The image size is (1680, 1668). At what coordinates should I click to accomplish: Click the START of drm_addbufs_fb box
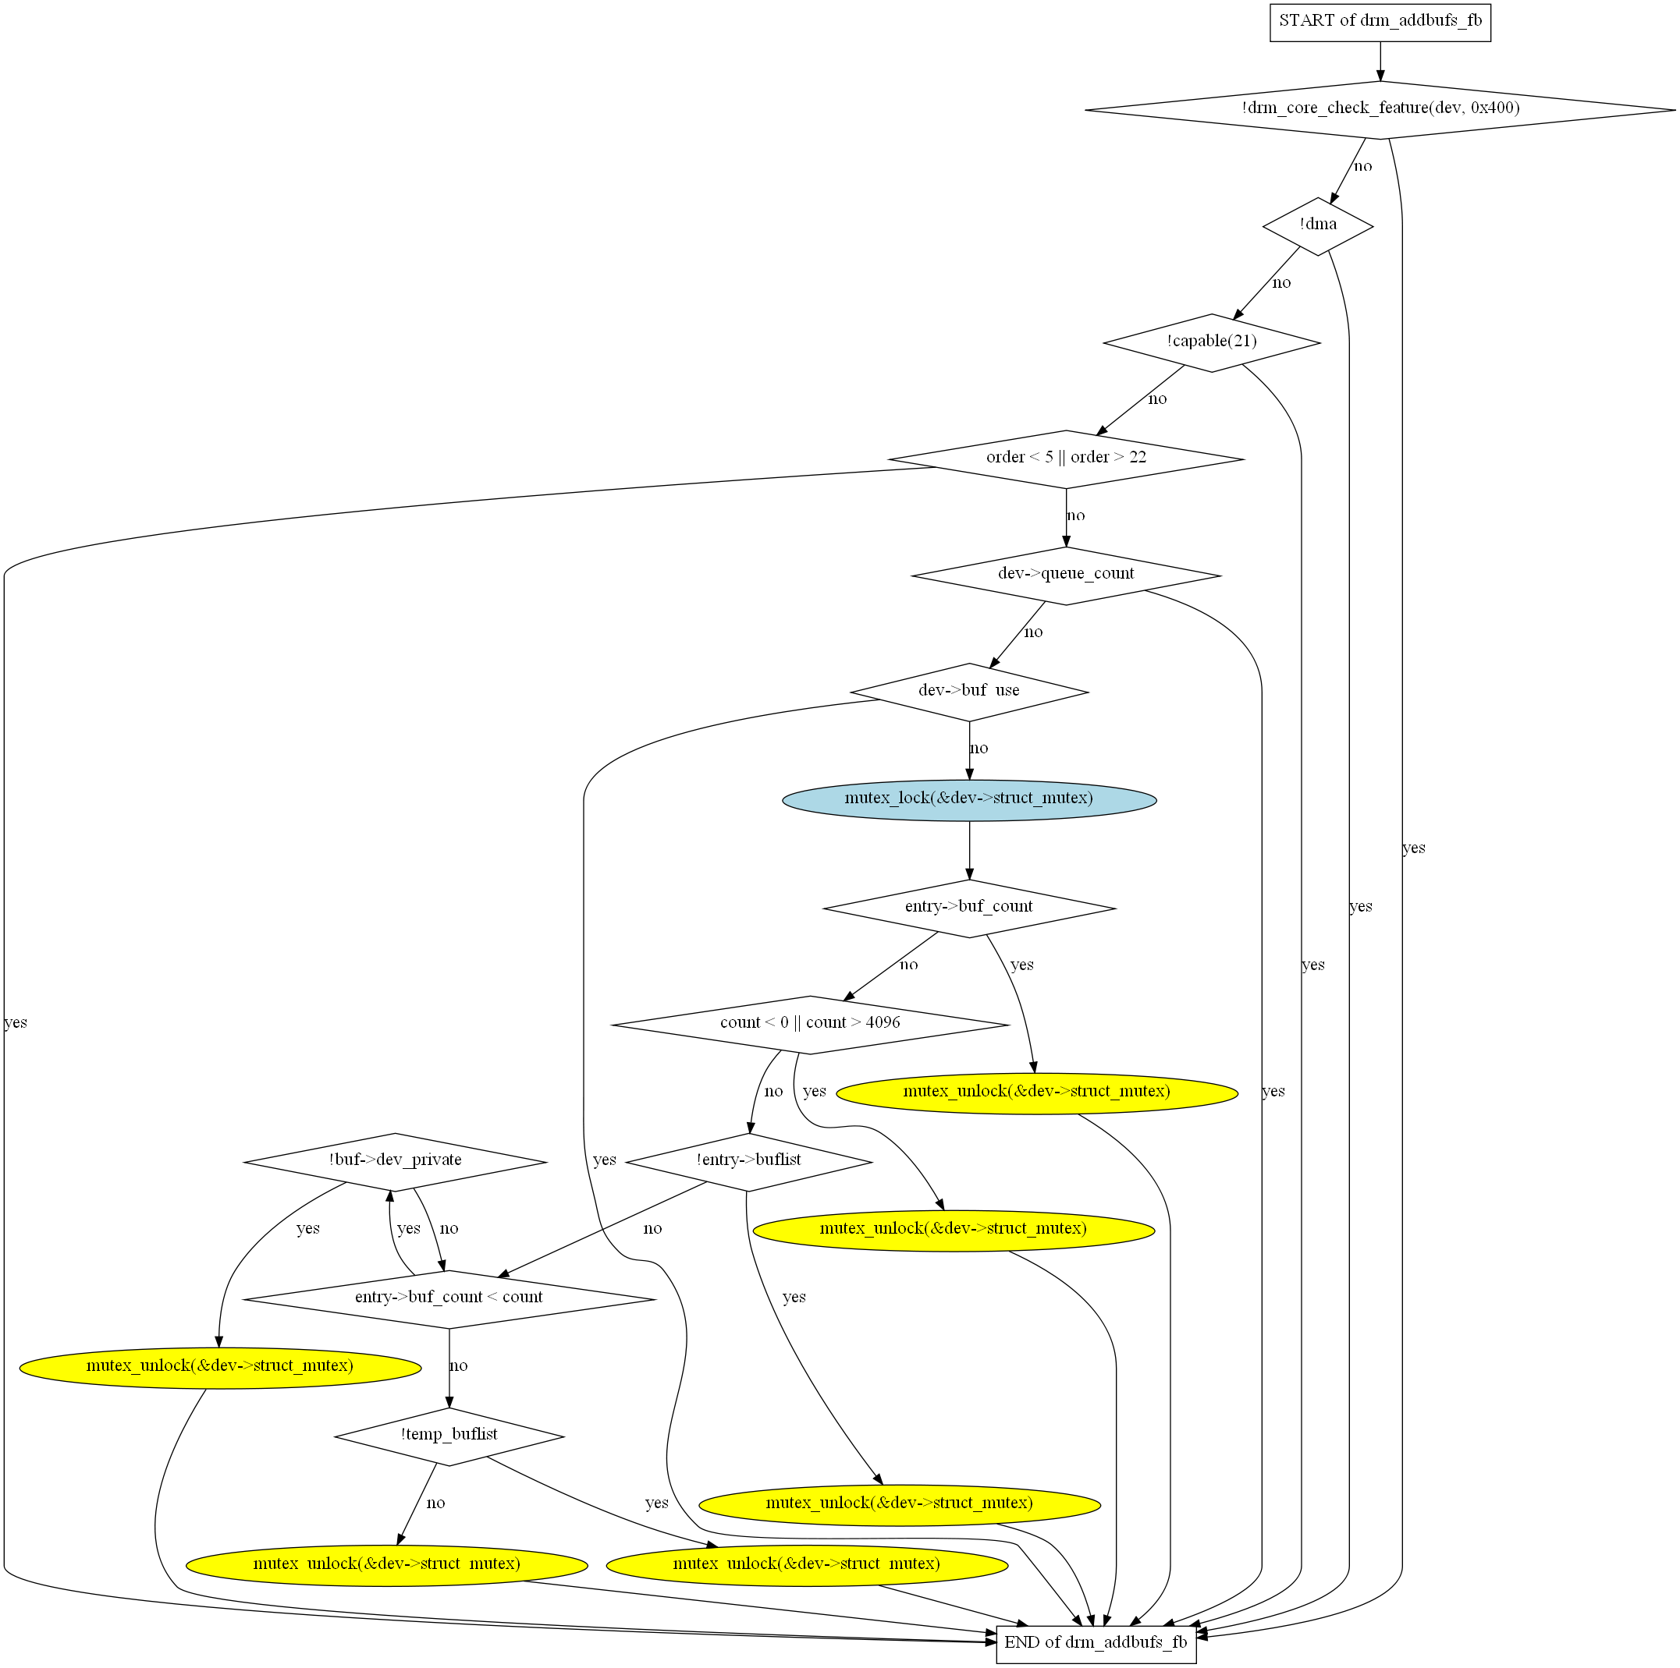coord(1380,22)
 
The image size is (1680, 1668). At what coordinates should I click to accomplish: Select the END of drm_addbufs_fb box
coord(1096,1643)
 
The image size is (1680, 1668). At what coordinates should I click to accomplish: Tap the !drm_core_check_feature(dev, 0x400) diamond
coord(1380,109)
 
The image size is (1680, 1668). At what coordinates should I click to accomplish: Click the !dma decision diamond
coord(1317,226)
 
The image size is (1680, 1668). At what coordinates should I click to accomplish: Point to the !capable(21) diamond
coord(1211,342)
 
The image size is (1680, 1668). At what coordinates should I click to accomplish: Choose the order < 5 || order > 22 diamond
coord(1066,459)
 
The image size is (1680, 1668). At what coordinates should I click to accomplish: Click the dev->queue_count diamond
coord(1066,575)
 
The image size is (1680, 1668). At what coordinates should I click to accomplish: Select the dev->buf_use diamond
coord(970,692)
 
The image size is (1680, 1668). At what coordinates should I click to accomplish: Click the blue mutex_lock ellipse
coord(970,799)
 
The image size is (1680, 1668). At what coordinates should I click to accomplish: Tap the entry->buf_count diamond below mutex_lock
coord(970,908)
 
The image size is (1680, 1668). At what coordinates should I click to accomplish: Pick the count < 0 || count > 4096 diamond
coord(811,1025)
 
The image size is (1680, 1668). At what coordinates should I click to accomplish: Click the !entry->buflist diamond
coord(748,1162)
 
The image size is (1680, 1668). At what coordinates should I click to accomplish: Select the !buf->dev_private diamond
coord(396,1162)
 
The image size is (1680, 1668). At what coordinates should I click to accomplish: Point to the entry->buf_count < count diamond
coord(449,1299)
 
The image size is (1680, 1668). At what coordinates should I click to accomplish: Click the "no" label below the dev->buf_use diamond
coord(979,749)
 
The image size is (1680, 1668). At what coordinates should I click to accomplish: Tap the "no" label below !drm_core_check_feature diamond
coord(1362,166)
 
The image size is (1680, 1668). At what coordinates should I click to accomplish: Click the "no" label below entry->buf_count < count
coord(458,1365)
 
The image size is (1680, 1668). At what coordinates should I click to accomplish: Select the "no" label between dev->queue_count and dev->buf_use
coord(1033,632)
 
